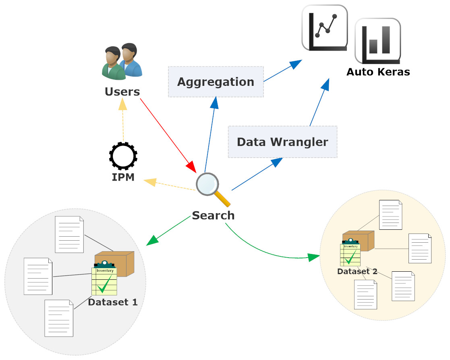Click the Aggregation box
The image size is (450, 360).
216,82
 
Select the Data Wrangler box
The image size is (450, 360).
282,142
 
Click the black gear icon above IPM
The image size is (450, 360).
123,156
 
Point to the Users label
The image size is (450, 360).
122,92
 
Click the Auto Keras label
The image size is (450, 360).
378,72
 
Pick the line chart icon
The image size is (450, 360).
325,27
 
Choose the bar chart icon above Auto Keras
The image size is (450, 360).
377,40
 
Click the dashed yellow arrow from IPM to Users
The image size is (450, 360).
123,121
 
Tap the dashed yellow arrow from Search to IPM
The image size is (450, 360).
169,185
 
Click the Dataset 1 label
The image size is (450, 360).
113,302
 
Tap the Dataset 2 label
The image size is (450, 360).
357,271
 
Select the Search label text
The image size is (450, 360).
213,215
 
